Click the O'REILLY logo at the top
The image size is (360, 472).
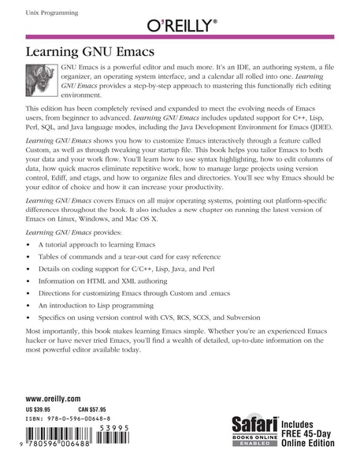click(180, 25)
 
